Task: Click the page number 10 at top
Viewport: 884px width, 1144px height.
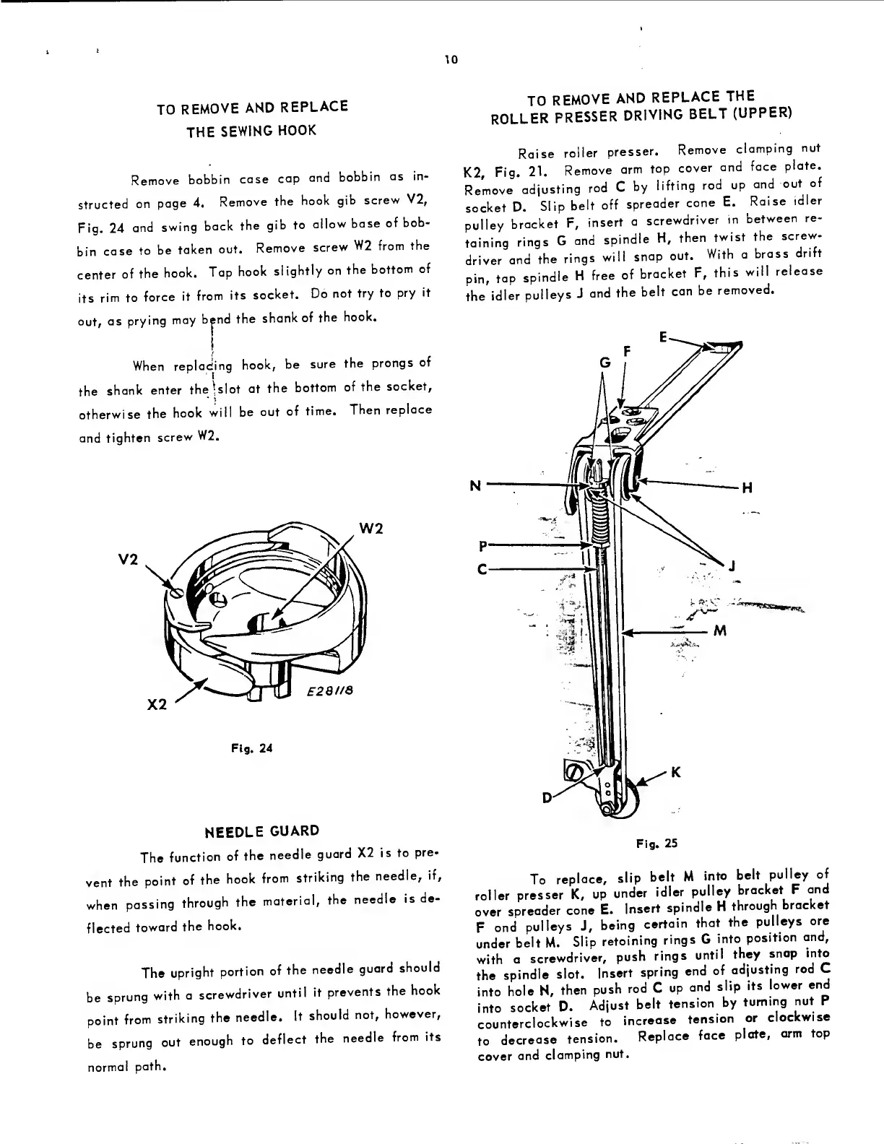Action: tap(451, 59)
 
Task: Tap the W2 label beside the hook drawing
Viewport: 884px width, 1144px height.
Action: tap(370, 529)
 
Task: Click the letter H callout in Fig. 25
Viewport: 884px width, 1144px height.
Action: tap(747, 487)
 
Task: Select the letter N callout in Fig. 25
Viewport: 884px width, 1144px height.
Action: tap(475, 485)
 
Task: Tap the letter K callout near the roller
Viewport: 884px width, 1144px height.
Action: tap(676, 772)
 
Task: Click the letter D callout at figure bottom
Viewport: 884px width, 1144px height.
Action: tap(547, 797)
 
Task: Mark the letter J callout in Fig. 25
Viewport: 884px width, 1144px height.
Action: tap(732, 565)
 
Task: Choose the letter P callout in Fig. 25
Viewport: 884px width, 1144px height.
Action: tap(480, 545)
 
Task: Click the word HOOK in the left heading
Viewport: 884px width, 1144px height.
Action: tap(299, 131)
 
